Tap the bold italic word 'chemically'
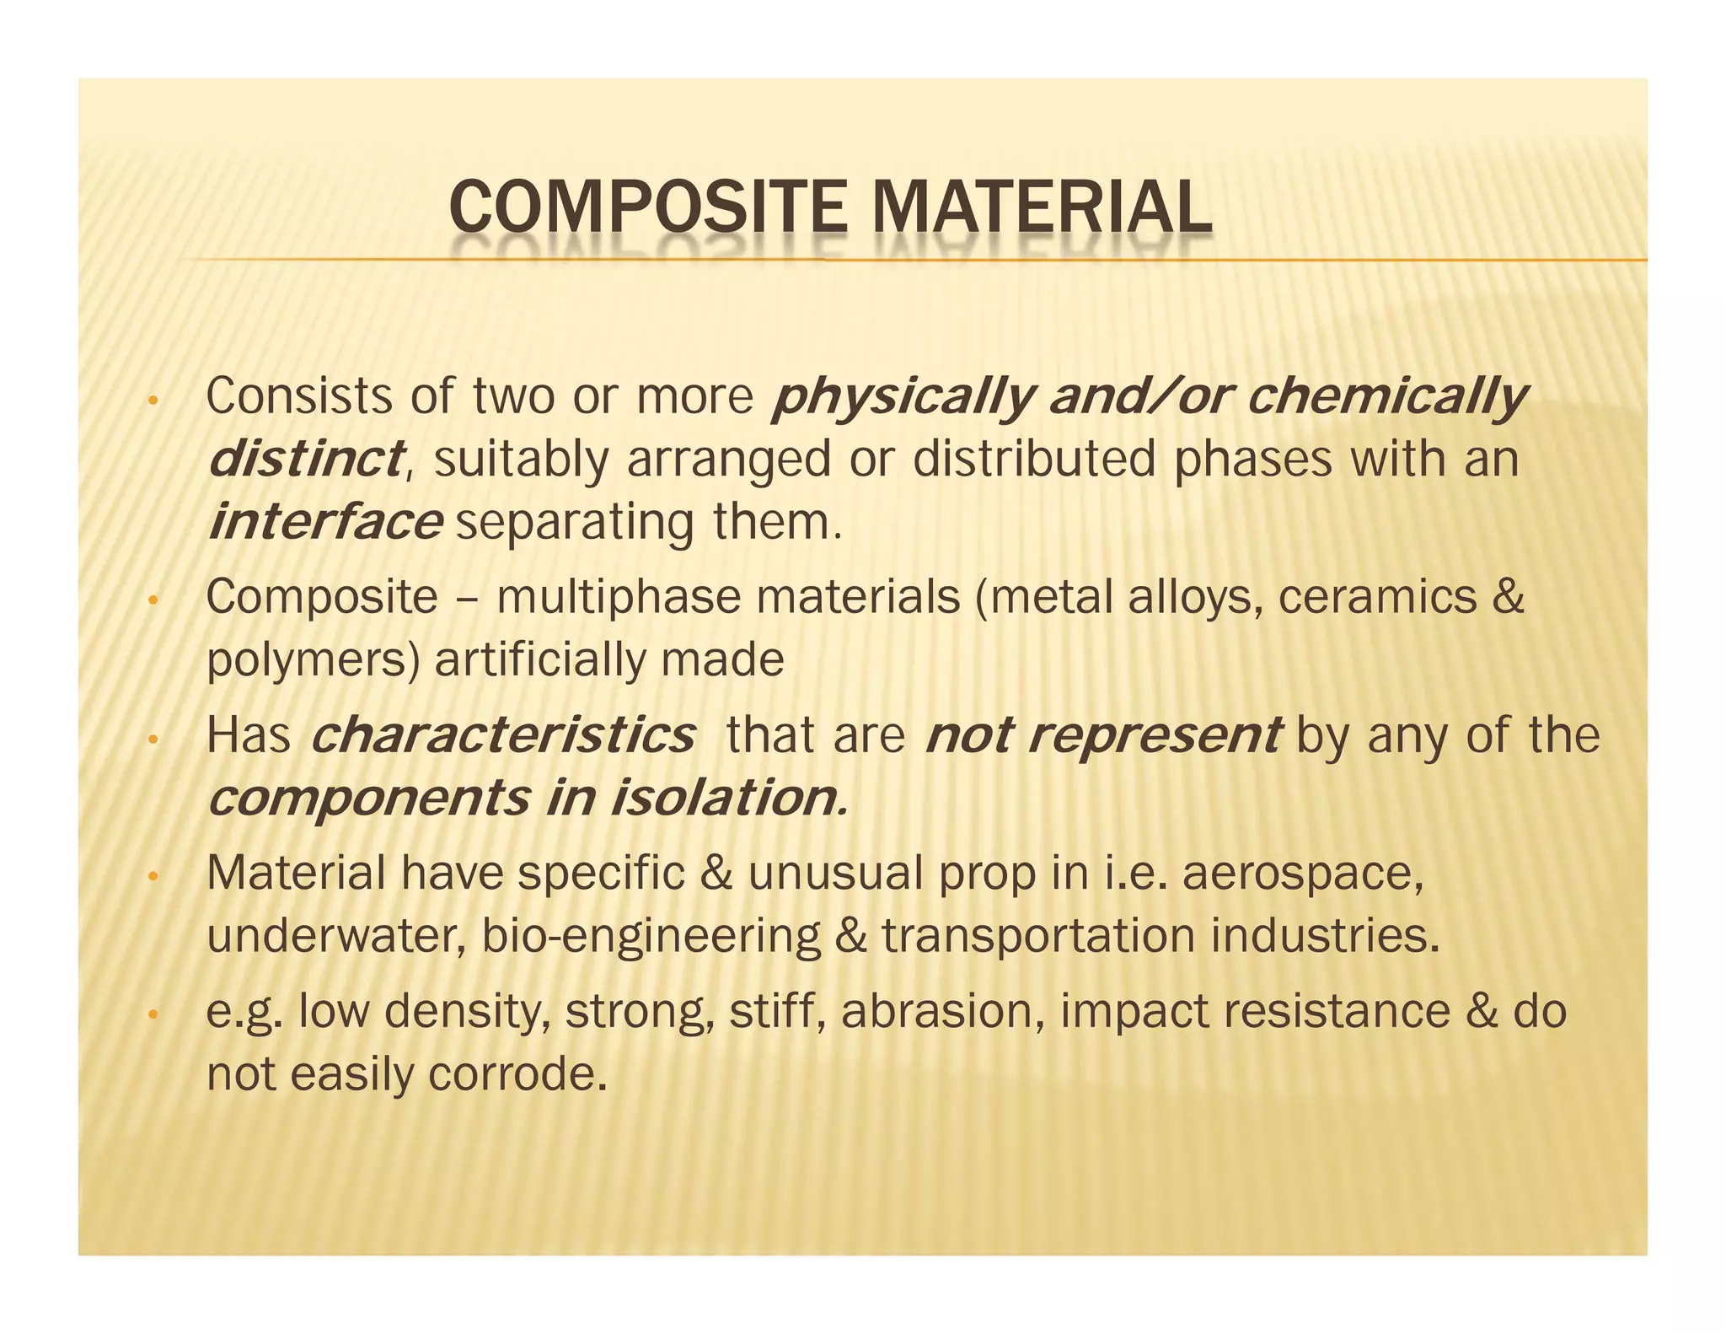tap(1386, 396)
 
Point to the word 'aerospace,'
tap(1303, 873)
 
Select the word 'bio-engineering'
tap(651, 936)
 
